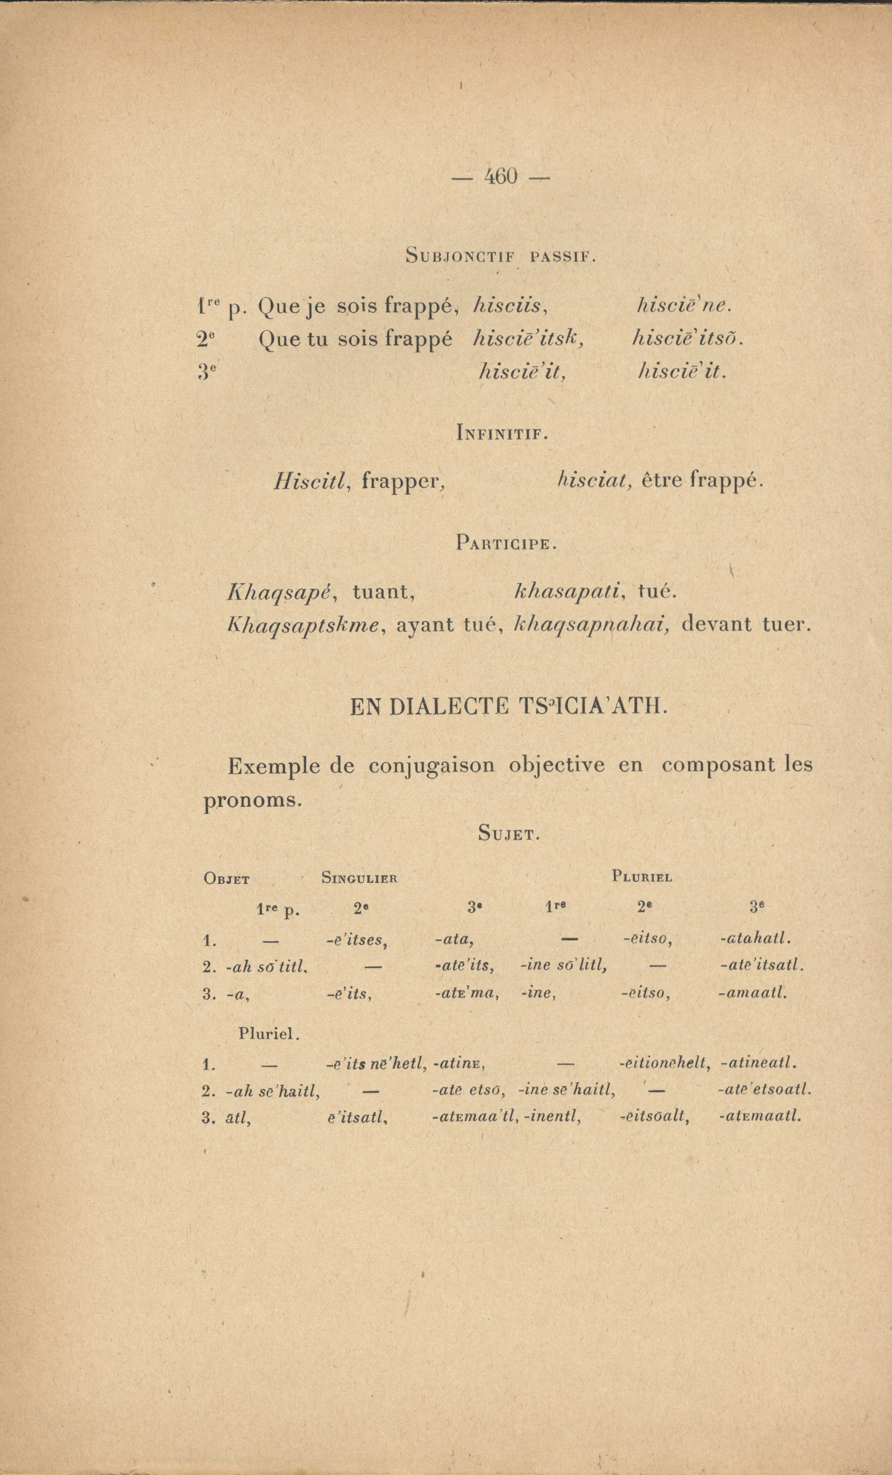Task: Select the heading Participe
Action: click(x=506, y=544)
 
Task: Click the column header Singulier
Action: click(x=359, y=878)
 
